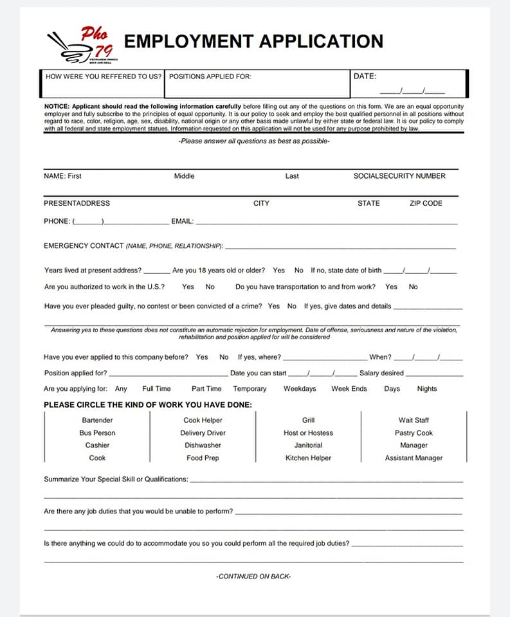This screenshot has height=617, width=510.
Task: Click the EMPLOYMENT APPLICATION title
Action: pyautogui.click(x=253, y=41)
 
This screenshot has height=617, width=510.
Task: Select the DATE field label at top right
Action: pyautogui.click(x=365, y=76)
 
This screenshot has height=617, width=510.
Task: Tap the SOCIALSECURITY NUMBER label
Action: pyautogui.click(x=399, y=176)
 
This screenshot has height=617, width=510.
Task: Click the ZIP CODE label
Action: pyautogui.click(x=426, y=203)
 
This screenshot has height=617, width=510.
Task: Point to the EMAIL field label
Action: pyautogui.click(x=182, y=221)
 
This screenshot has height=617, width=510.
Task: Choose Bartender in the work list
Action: pyautogui.click(x=97, y=420)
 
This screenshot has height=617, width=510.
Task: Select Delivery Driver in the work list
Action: pyautogui.click(x=203, y=433)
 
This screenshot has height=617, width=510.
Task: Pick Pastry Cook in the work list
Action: pyautogui.click(x=414, y=433)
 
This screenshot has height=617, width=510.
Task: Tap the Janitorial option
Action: pyautogui.click(x=308, y=445)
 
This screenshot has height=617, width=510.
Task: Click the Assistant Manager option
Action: pyautogui.click(x=414, y=458)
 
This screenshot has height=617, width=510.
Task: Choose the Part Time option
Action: pyautogui.click(x=206, y=389)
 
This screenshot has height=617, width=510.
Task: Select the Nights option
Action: pyautogui.click(x=426, y=389)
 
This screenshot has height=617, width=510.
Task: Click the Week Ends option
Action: pyautogui.click(x=349, y=389)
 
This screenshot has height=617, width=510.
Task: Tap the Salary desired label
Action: pyautogui.click(x=381, y=373)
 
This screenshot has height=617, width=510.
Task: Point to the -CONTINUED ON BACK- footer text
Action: pyautogui.click(x=253, y=577)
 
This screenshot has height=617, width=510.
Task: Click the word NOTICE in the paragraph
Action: pyautogui.click(x=57, y=106)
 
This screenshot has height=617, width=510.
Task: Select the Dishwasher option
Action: pyautogui.click(x=203, y=445)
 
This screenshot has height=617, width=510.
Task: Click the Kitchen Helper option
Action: pyautogui.click(x=308, y=458)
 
